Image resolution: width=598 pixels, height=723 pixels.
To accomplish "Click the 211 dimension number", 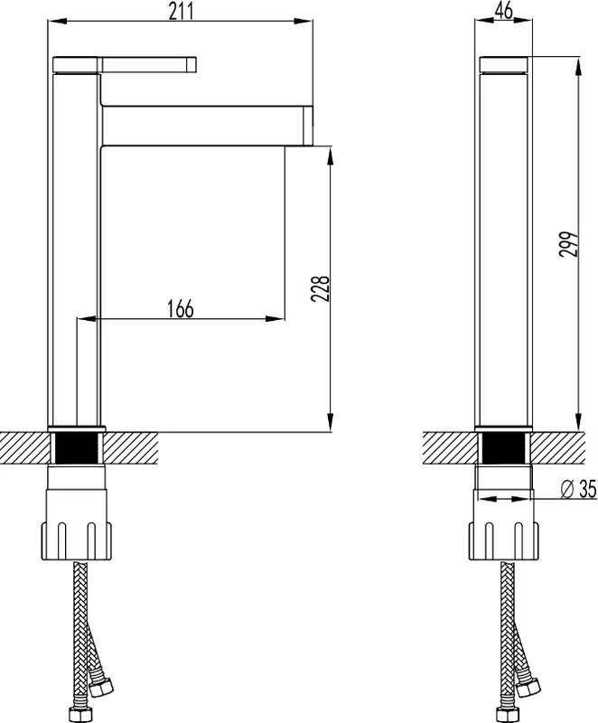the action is (181, 11).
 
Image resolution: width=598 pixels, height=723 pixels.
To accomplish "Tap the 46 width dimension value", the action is (503, 11).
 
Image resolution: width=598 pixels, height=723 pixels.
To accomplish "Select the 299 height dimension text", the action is (568, 244).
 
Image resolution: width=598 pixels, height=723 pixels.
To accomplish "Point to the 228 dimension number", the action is (321, 288).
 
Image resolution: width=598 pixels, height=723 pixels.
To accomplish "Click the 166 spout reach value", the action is (180, 308).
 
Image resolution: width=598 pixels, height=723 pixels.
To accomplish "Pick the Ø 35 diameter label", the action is (579, 489).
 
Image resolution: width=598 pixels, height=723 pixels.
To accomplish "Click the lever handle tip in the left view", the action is (192, 64).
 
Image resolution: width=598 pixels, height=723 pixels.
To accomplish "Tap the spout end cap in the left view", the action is (308, 125).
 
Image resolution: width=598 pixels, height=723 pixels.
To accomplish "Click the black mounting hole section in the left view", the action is (77, 447).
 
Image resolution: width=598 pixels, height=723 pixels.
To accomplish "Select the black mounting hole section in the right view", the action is (503, 447).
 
